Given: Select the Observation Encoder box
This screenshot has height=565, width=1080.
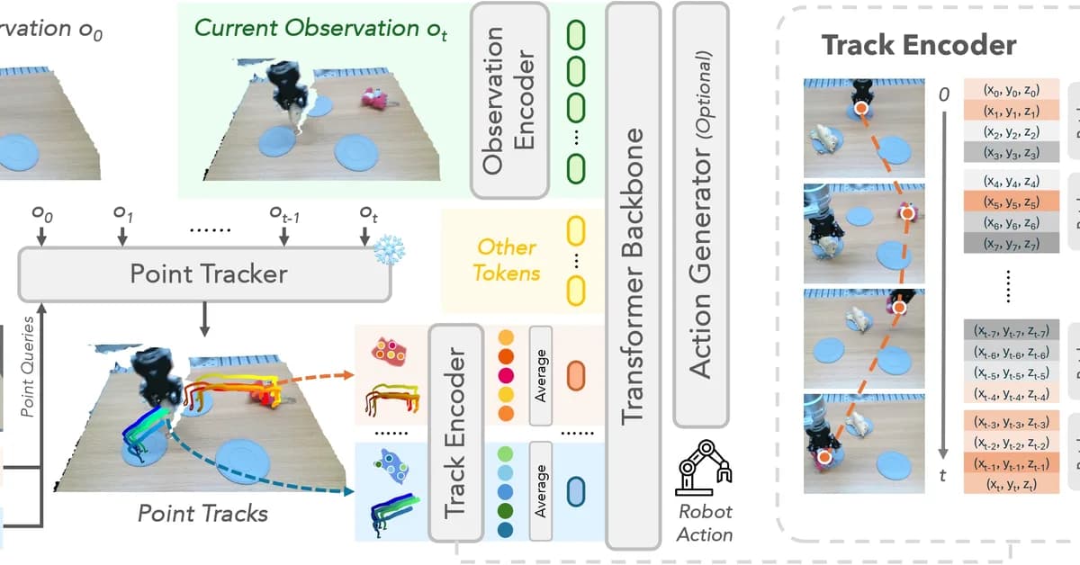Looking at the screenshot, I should pos(509,99).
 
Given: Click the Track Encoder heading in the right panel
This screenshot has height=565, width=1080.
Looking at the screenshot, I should pos(919,46).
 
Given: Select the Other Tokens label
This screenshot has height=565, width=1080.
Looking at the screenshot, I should pos(507,259).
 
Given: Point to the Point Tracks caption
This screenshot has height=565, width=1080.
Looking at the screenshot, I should pos(202,513).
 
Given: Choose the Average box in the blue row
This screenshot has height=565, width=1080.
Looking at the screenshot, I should pos(541,491).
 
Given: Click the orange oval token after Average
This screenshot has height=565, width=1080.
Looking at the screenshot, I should pos(575,375).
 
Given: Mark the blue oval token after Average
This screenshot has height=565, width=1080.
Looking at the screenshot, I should pos(575,491).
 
